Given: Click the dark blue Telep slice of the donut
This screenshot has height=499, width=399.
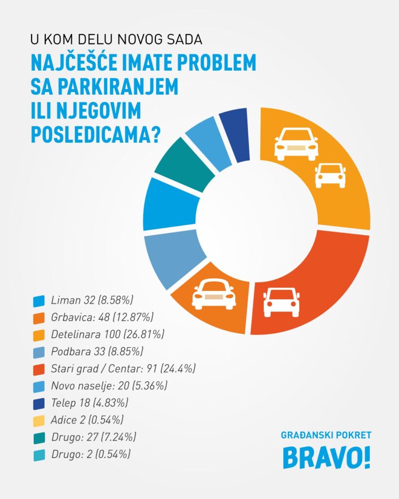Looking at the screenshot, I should point(235,135).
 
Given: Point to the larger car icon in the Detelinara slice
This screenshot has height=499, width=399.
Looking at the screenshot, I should point(296,144).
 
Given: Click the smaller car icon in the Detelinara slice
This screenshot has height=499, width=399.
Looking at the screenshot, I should point(330,175).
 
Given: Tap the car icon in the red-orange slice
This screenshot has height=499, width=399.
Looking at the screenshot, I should point(281,302).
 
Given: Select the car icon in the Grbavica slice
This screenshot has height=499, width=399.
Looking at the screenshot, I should point(214,294).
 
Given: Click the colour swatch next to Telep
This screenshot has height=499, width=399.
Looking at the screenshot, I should point(39,403).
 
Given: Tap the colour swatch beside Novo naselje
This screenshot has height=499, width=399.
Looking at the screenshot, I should point(39,386).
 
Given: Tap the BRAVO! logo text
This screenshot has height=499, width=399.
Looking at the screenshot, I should point(326,458).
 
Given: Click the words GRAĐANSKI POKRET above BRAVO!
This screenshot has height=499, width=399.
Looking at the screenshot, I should point(326,434).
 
